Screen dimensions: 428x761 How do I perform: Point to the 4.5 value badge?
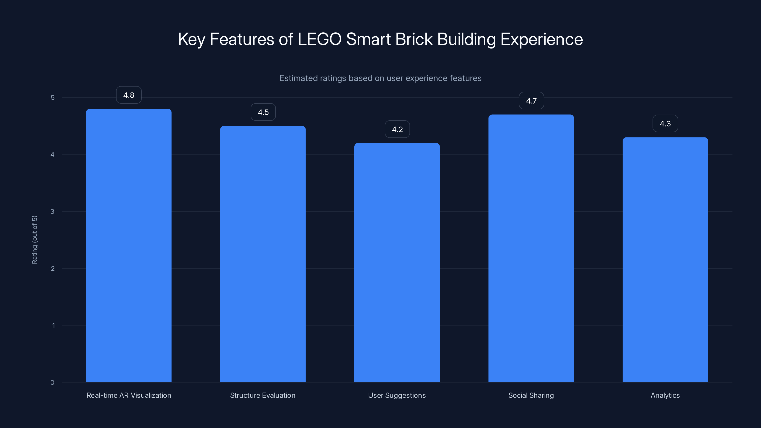point(263,112)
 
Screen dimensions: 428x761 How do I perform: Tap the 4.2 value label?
point(397,129)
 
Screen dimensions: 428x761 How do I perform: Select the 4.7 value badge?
point(531,101)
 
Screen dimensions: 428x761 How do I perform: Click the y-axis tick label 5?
point(53,97)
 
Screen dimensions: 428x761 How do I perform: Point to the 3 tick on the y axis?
point(52,211)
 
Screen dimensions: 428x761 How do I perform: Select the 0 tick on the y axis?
point(52,383)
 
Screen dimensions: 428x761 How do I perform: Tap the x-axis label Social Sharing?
point(531,395)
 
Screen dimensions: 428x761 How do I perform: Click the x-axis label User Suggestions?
point(397,395)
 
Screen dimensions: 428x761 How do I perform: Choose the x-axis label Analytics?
point(665,395)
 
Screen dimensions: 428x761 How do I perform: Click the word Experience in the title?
point(541,39)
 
